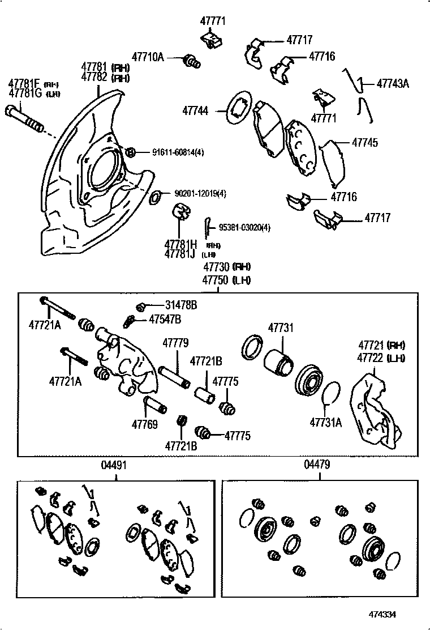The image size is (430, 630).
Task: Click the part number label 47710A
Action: tap(148, 57)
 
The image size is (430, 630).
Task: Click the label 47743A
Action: tap(393, 83)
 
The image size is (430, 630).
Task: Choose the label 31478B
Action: tap(181, 305)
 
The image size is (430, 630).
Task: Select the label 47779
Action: tap(175, 343)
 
